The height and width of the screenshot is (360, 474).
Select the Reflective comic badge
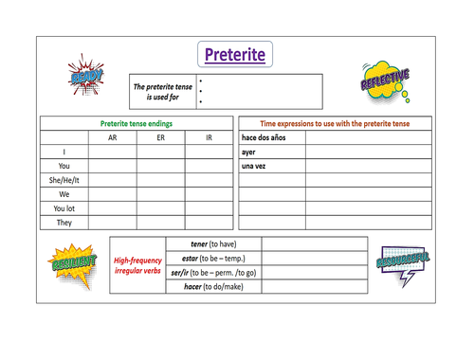(386, 80)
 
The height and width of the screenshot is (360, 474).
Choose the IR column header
(209, 138)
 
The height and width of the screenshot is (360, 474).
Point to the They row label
(63, 223)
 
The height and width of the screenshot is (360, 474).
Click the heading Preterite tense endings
(137, 123)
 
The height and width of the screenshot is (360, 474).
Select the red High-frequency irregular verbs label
(137, 264)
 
